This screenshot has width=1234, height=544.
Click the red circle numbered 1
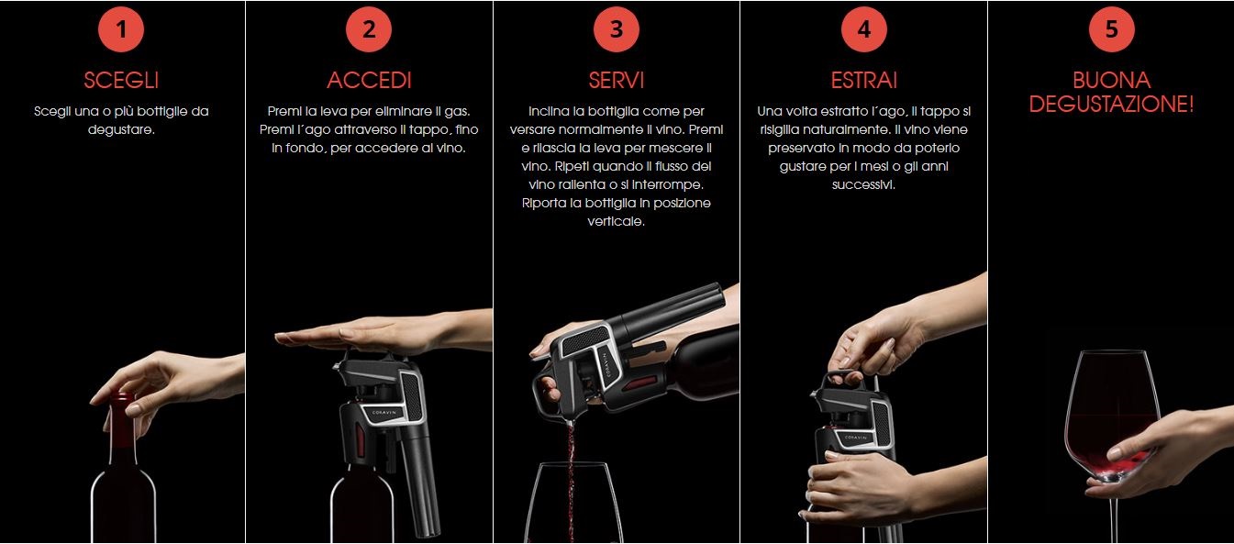121,29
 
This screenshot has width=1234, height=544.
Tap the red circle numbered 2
369,29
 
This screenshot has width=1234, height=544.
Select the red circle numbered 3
617,29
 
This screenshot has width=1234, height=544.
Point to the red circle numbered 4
864,29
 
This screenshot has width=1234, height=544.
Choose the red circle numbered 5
1112,29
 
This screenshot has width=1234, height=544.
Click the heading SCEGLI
121,81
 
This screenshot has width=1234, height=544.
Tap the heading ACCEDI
369,81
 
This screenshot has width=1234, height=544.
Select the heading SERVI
617,81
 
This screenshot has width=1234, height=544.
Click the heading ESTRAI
864,81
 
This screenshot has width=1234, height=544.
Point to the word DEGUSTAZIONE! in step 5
1112,104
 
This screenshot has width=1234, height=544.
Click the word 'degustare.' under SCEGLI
121,130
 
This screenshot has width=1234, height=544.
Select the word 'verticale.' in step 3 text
616,221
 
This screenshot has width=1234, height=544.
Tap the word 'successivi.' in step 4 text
863,184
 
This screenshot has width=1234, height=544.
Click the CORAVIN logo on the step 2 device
384,412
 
